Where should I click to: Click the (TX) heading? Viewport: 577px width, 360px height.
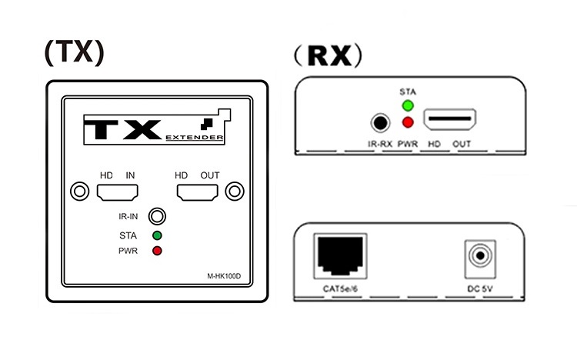74,51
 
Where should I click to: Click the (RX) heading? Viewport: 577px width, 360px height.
326,55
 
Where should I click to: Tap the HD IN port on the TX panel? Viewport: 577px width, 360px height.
117,191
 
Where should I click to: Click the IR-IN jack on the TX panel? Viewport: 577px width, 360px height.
157,216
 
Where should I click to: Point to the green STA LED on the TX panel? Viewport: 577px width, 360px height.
157,235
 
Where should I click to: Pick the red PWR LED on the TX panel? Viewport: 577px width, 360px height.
157,251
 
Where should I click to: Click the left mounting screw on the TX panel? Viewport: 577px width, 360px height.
78,191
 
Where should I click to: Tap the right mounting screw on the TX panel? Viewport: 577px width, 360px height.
235,191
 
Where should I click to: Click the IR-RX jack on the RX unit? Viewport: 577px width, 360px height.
379,122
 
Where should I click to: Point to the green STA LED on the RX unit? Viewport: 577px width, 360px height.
408,106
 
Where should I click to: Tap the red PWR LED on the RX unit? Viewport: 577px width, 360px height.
408,123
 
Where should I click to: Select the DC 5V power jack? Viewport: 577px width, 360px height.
481,256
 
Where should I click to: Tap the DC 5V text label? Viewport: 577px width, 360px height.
481,289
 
